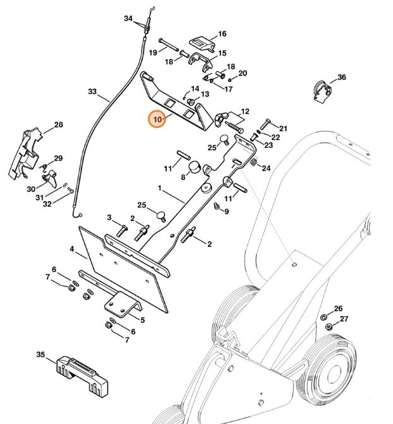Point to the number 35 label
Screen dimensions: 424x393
click(x=40, y=355)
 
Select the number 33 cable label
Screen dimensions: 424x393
click(x=92, y=93)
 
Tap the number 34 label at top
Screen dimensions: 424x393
click(x=128, y=19)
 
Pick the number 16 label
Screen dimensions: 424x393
click(x=222, y=34)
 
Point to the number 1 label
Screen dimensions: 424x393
click(x=160, y=188)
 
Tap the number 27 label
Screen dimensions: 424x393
click(x=344, y=319)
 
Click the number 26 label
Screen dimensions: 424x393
click(x=338, y=309)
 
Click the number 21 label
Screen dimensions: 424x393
click(x=282, y=129)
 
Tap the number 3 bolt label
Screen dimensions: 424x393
click(x=109, y=218)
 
